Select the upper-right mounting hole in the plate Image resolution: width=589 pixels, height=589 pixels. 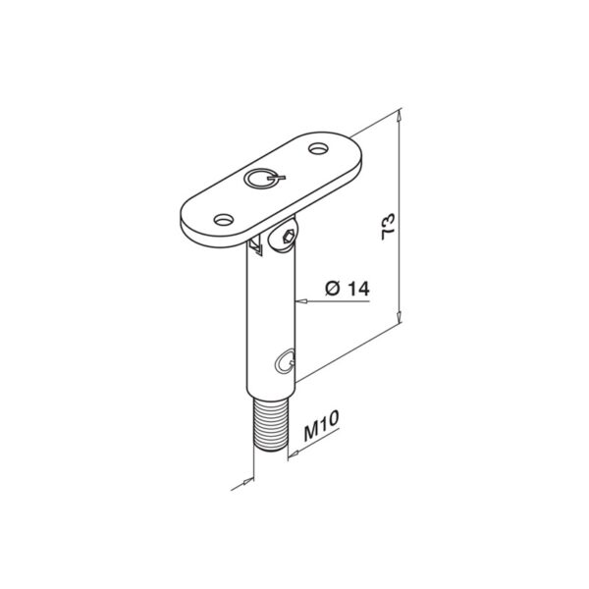coord(319,150)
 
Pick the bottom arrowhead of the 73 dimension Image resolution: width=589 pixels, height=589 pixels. coord(401,317)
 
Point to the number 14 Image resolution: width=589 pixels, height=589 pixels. coord(355,290)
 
